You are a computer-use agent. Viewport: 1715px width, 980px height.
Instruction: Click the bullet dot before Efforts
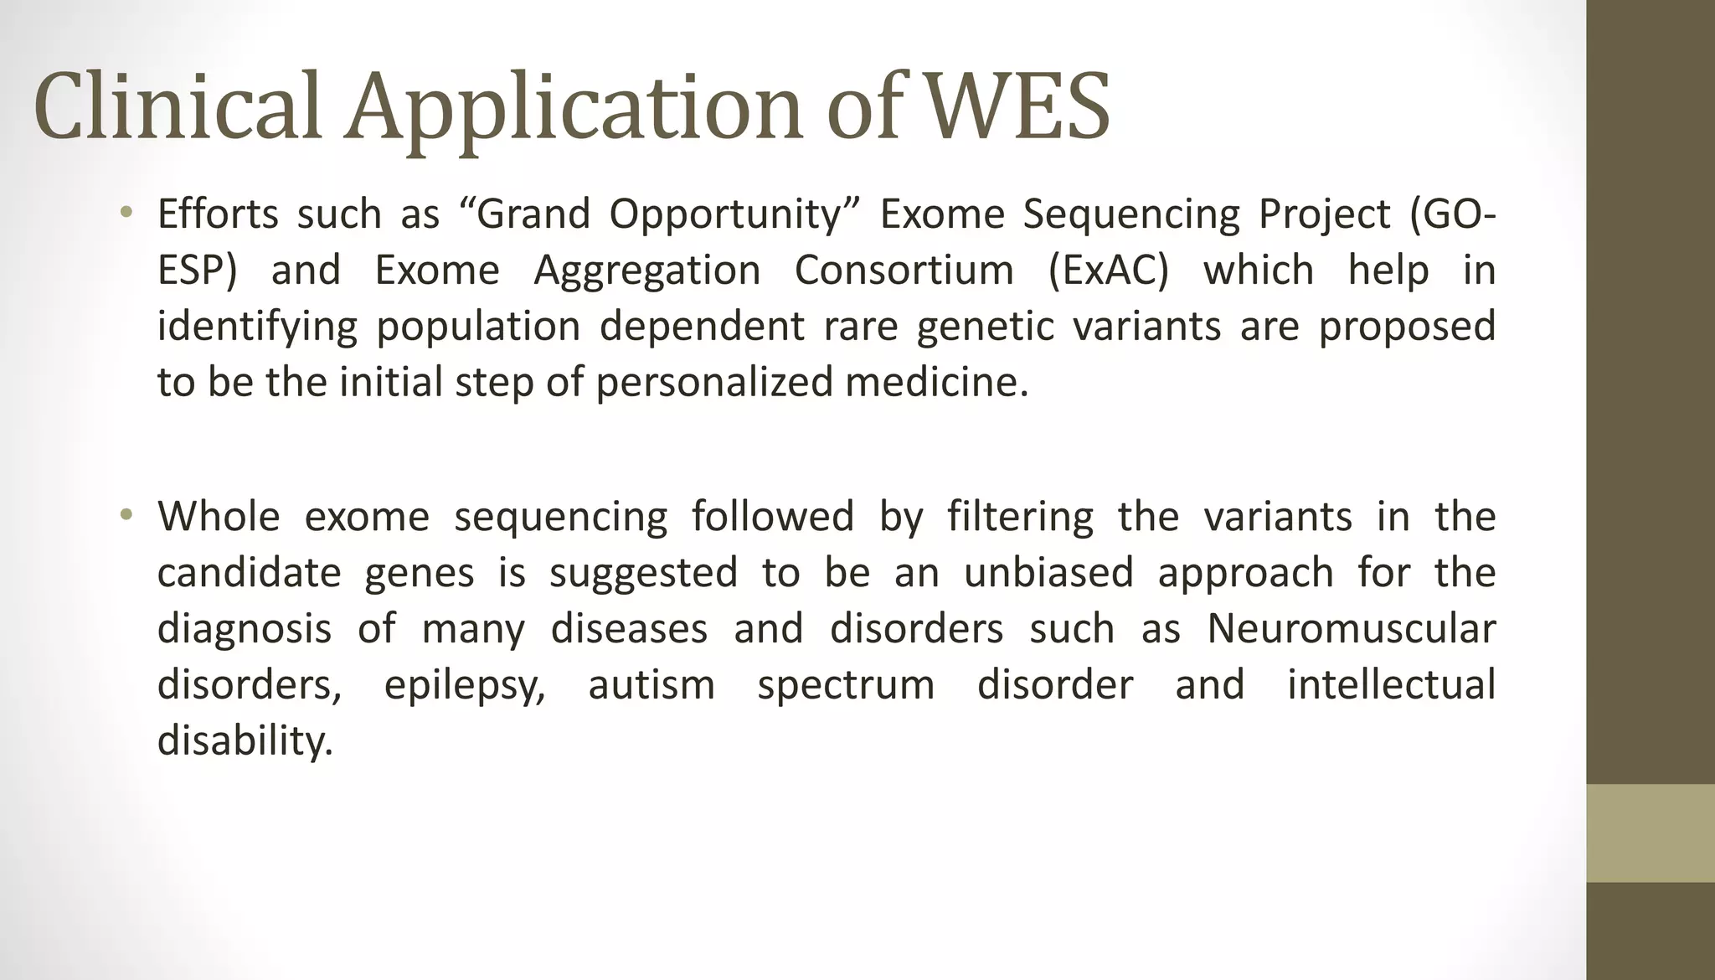coord(126,212)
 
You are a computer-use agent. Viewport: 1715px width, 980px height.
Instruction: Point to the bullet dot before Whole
coord(126,514)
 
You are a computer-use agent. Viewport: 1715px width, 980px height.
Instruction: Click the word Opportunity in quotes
coord(725,215)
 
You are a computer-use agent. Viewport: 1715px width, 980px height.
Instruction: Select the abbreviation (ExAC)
coord(1108,271)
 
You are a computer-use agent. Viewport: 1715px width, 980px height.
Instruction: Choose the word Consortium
coord(904,271)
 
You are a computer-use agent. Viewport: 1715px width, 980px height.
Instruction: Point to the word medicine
coord(936,382)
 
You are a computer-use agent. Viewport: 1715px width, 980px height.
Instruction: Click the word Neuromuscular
coord(1351,629)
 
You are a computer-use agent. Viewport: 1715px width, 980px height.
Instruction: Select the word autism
coord(651,684)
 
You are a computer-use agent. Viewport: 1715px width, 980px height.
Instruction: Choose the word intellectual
coord(1391,684)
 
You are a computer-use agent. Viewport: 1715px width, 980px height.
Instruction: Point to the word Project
coord(1324,215)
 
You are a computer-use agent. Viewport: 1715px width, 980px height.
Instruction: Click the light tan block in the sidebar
coord(1651,833)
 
